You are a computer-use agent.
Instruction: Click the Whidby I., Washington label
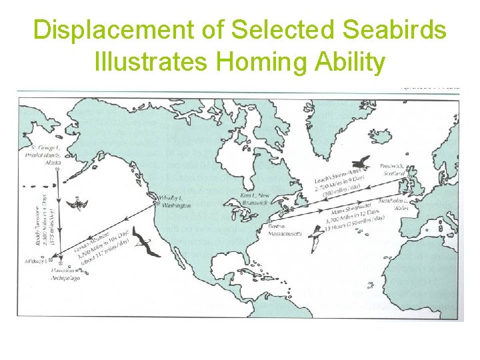tap(175, 202)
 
